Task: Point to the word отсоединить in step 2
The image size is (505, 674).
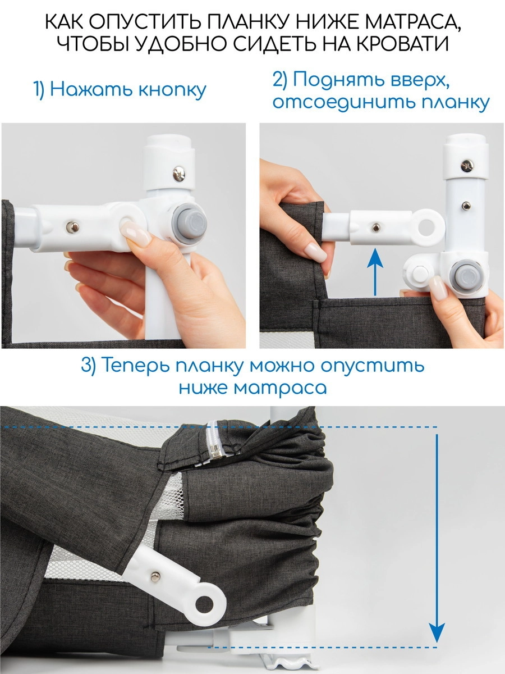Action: coord(338,103)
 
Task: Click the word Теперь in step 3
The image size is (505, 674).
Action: coord(132,366)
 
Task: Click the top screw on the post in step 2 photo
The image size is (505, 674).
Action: coord(467,166)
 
